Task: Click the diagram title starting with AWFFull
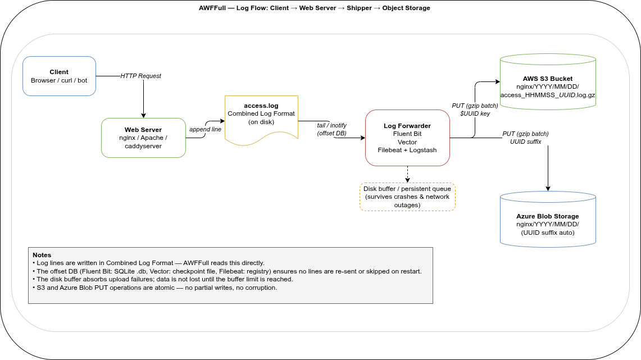click(x=315, y=8)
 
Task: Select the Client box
click(x=59, y=76)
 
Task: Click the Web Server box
click(x=143, y=138)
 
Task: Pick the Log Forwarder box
click(x=407, y=138)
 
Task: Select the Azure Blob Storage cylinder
click(x=547, y=222)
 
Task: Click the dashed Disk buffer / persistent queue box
click(x=407, y=197)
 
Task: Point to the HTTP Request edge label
click(x=140, y=76)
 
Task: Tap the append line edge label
click(x=205, y=129)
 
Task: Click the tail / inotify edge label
click(x=331, y=129)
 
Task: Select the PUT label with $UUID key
click(x=475, y=110)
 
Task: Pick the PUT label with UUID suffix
click(x=525, y=138)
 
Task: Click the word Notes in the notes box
click(x=42, y=255)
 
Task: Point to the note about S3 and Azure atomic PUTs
click(x=154, y=288)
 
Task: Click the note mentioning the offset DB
click(x=227, y=271)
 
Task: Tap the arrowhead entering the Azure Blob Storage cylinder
click(x=548, y=189)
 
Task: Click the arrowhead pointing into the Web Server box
click(x=143, y=115)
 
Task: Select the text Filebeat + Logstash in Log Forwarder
click(x=407, y=150)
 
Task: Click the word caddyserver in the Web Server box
click(x=143, y=146)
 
